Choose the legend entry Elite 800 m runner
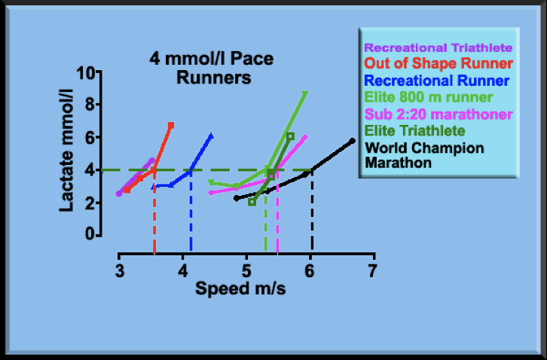click(x=427, y=97)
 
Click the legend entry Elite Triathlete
click(x=415, y=131)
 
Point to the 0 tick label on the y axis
click(x=99, y=235)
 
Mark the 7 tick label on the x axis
click(x=373, y=270)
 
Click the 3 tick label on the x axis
click(x=119, y=270)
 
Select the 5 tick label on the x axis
click(x=246, y=270)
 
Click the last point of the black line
click(x=352, y=141)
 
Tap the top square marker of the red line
click(x=171, y=125)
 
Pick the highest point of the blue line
click(x=210, y=136)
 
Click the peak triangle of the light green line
click(x=305, y=93)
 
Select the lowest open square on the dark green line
click(x=252, y=202)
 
